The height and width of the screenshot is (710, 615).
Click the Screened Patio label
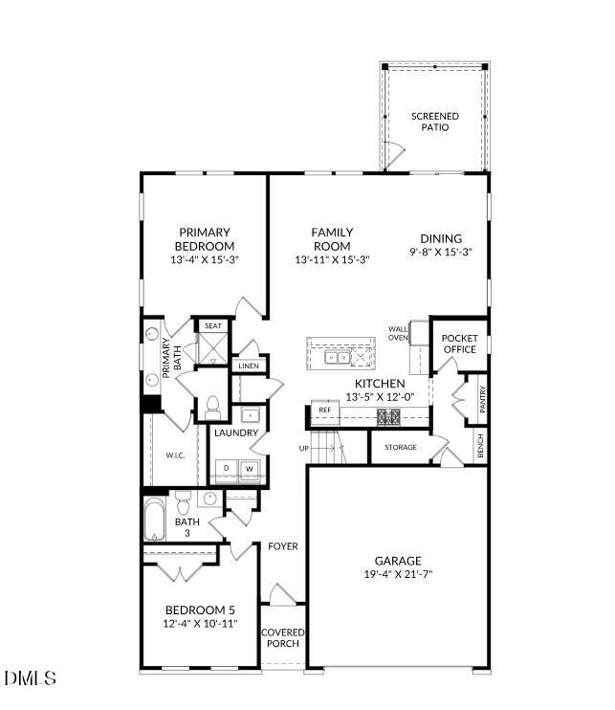click(x=435, y=122)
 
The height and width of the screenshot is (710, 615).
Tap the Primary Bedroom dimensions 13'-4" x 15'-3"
click(x=203, y=259)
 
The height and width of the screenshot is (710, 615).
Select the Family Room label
click(x=332, y=239)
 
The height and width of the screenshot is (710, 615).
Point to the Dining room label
click(x=441, y=239)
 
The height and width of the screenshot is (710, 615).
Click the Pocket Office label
click(x=459, y=344)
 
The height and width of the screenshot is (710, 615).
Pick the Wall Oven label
click(x=398, y=333)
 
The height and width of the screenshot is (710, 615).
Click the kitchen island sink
click(x=336, y=358)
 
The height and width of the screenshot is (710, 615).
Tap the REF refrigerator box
click(x=324, y=410)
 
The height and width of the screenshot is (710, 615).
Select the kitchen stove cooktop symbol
click(x=390, y=416)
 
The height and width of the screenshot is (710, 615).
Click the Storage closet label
click(x=400, y=447)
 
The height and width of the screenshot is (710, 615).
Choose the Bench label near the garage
click(x=480, y=446)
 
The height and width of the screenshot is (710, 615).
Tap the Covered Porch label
click(x=283, y=637)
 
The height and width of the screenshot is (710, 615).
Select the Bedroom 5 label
click(x=200, y=610)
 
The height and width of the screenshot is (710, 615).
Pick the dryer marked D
click(x=226, y=469)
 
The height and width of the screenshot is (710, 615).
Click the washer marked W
click(x=250, y=469)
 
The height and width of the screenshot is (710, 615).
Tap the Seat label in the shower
click(x=212, y=326)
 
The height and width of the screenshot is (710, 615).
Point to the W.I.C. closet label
click(x=174, y=455)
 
